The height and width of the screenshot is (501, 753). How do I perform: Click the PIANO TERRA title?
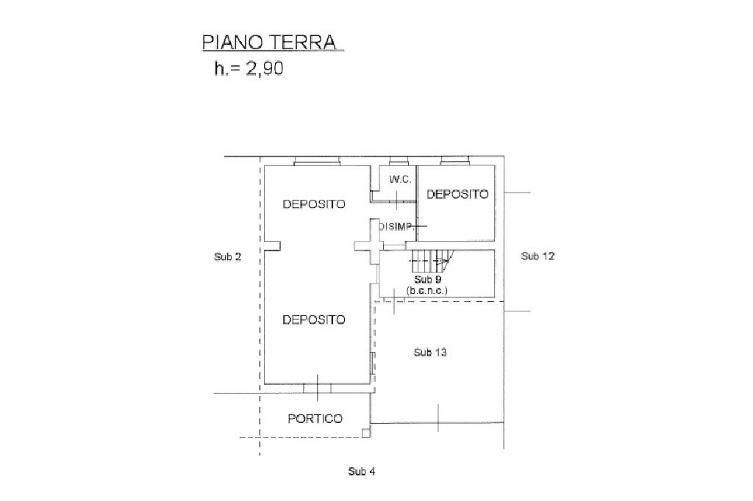pyautogui.click(x=268, y=42)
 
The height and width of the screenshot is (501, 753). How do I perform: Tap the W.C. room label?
pyautogui.click(x=399, y=179)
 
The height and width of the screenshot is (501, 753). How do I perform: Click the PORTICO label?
pyautogui.click(x=315, y=419)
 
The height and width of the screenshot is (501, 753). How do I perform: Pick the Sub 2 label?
pyautogui.click(x=227, y=256)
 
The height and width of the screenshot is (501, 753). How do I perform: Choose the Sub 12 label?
pyautogui.click(x=537, y=256)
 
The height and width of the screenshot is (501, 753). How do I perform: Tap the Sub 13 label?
pyautogui.click(x=430, y=353)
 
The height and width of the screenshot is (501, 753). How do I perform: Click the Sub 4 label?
pyautogui.click(x=362, y=472)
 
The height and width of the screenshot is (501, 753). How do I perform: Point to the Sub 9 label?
pyautogui.click(x=427, y=280)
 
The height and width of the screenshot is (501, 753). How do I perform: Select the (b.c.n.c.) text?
pyautogui.click(x=427, y=291)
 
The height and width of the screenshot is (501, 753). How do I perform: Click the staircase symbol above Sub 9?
pyautogui.click(x=430, y=260)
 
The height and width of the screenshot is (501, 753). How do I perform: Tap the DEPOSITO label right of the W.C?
pyautogui.click(x=457, y=195)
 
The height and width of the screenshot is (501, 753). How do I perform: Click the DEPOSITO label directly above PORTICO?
pyautogui.click(x=314, y=320)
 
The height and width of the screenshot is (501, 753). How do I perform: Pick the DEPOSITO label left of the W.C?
pyautogui.click(x=314, y=204)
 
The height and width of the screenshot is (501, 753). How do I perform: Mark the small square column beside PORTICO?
pyautogui.click(x=365, y=433)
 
